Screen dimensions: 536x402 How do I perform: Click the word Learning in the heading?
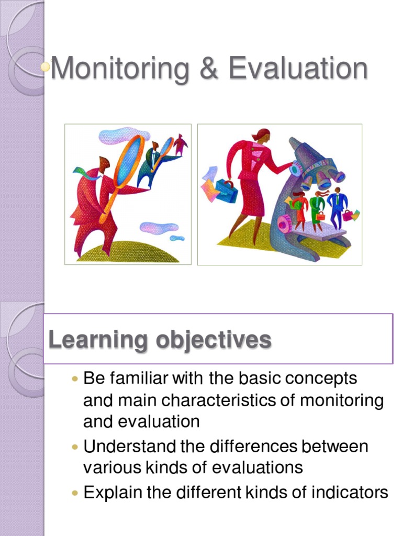click(98, 340)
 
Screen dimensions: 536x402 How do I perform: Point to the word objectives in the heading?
click(213, 340)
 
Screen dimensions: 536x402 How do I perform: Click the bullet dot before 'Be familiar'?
click(75, 378)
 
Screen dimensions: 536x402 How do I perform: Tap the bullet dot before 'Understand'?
click(75, 447)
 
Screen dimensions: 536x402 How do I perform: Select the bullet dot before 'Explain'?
click(75, 493)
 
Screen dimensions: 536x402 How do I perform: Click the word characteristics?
click(229, 400)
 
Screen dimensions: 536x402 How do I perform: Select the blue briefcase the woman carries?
click(226, 191)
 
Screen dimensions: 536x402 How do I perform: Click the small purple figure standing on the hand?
click(180, 144)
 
